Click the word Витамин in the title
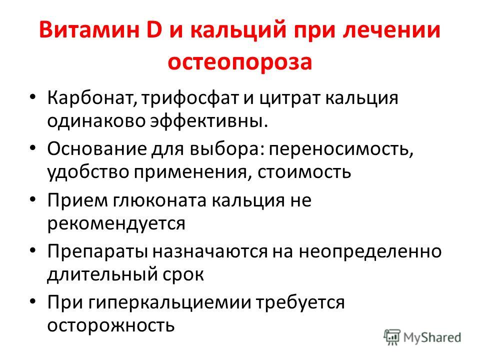point(89,30)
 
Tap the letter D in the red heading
point(154,30)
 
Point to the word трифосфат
point(190,98)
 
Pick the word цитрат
point(289,99)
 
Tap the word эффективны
point(209,120)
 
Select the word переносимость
point(341,149)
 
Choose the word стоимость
point(304,172)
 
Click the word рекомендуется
point(116,224)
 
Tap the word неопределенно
point(370,252)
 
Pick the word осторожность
point(111,325)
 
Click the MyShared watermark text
point(432,337)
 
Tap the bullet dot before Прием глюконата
point(33,199)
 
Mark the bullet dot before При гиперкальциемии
point(33,301)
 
